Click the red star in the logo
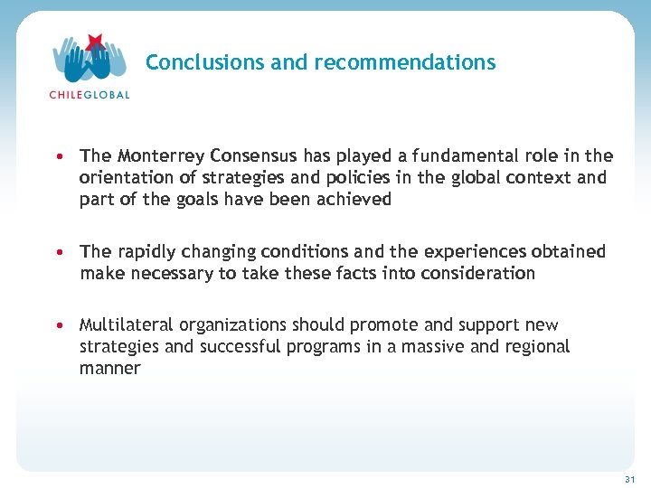[x=93, y=42]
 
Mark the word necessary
[x=170, y=273]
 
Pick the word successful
[x=232, y=346]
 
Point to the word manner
[x=110, y=368]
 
